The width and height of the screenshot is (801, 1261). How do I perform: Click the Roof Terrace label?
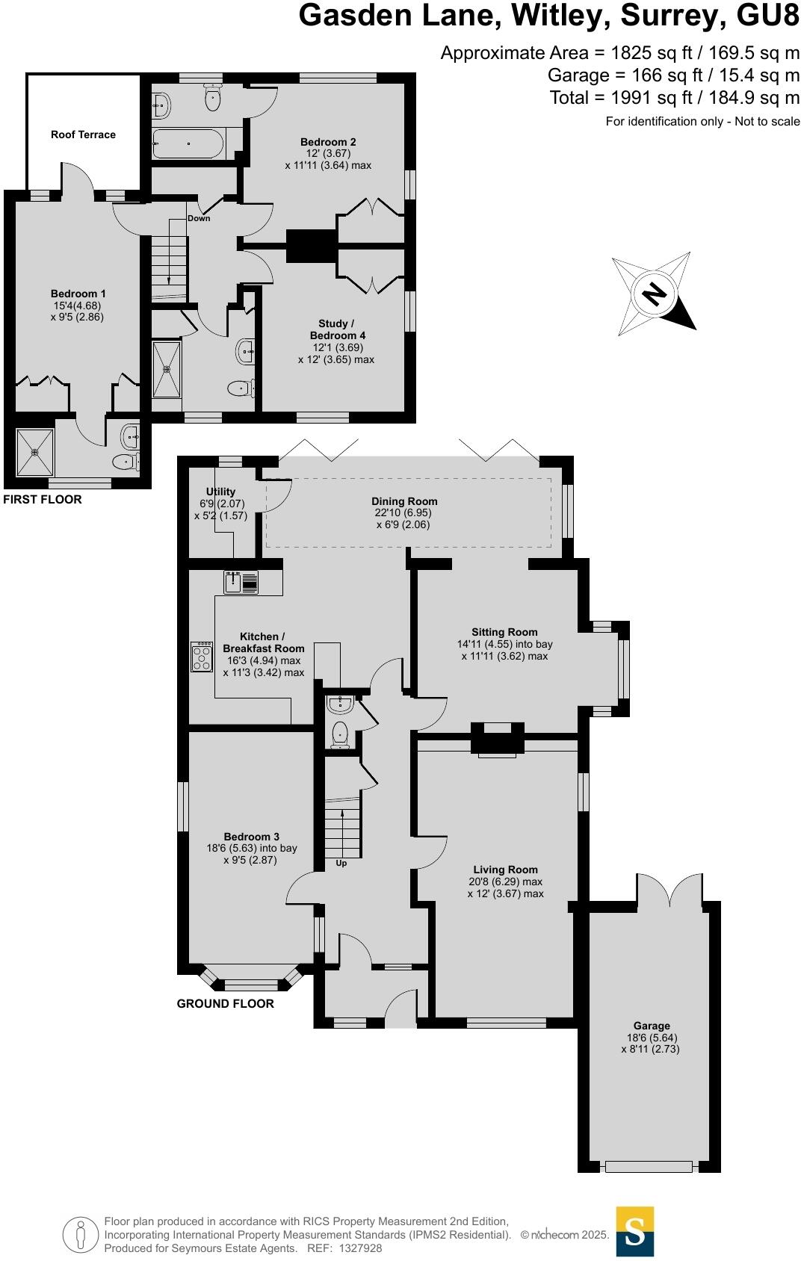click(x=83, y=134)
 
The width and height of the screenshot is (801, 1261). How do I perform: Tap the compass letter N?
click(x=655, y=294)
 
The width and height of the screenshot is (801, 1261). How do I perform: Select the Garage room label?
click(x=652, y=1026)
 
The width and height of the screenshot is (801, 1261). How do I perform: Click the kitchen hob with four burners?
click(x=202, y=656)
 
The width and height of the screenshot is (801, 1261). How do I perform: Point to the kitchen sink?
click(x=241, y=582)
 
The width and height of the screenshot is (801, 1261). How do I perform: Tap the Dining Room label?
click(x=404, y=501)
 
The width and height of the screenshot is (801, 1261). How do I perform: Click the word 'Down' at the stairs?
click(x=199, y=218)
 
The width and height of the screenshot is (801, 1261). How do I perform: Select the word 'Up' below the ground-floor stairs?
click(x=341, y=863)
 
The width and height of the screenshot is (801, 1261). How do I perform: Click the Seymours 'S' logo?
click(x=634, y=1231)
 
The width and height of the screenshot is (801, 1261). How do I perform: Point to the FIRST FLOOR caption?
click(x=43, y=499)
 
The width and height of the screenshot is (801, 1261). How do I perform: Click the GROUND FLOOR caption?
click(x=225, y=1003)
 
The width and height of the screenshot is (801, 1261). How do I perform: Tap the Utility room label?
click(x=220, y=492)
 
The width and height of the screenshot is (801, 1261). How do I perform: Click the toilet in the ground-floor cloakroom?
click(x=340, y=734)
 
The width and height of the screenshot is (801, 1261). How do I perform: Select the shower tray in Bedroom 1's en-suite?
click(x=34, y=451)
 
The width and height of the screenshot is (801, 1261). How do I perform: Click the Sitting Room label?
click(x=504, y=632)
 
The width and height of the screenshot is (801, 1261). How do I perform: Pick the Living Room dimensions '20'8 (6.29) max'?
click(x=505, y=882)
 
